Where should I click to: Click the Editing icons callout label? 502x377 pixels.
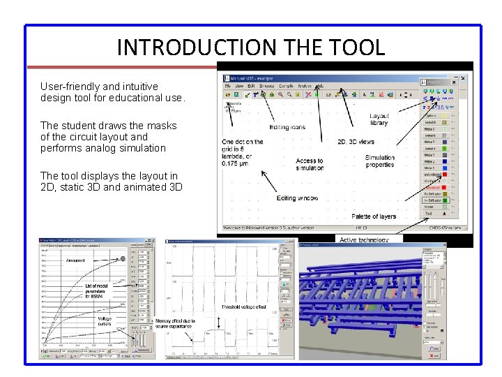coord(287,128)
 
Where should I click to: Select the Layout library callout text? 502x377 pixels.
coord(379,119)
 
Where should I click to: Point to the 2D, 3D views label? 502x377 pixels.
coord(356,142)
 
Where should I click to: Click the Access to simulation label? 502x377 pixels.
coord(310,164)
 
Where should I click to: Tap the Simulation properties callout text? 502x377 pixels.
coord(379,161)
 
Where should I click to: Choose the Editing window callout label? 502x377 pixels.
coord(297,198)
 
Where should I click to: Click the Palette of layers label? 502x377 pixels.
coord(373,216)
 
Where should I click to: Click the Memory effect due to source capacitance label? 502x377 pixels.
coord(175,325)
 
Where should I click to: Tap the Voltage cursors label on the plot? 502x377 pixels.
coord(104,321)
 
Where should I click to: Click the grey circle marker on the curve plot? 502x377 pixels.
coord(123,258)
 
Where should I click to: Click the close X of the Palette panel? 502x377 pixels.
coord(462,82)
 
